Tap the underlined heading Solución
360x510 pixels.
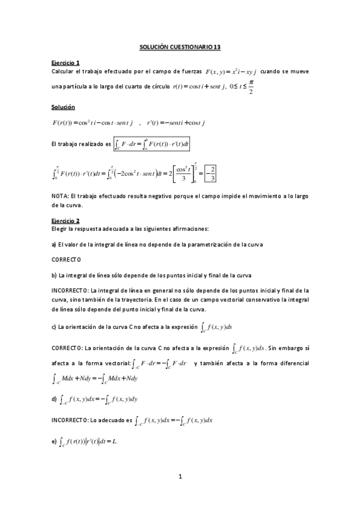pos(63,106)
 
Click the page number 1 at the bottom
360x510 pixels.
pos(180,478)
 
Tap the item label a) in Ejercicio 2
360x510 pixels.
pos(54,244)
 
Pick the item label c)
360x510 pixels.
pos(54,328)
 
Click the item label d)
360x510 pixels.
pos(54,398)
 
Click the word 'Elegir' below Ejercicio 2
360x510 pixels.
pos(61,229)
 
